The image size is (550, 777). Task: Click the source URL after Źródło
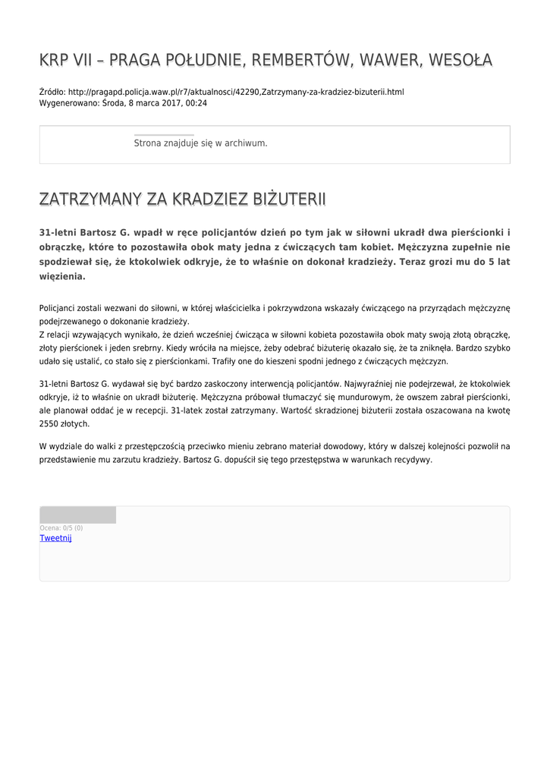pos(236,92)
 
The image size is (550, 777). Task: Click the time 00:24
pos(196,102)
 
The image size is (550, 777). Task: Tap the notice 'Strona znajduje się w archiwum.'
pos(200,143)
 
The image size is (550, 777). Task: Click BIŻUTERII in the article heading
pos(280,200)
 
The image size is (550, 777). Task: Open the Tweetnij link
pos(55,538)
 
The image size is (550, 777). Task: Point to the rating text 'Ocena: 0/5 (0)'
pos(61,527)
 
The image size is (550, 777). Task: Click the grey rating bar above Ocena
pos(77,515)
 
